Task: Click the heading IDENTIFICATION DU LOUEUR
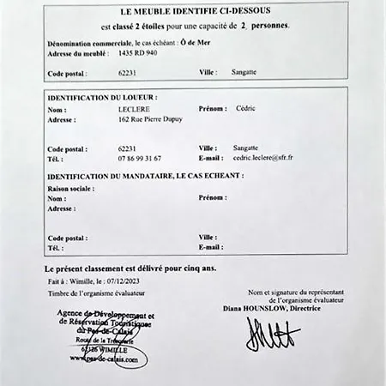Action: pos(102,98)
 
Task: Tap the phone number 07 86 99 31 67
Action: pos(140,159)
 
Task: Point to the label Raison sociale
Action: pos(70,187)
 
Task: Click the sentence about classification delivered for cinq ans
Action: pos(130,268)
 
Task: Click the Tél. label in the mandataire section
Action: pos(56,247)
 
